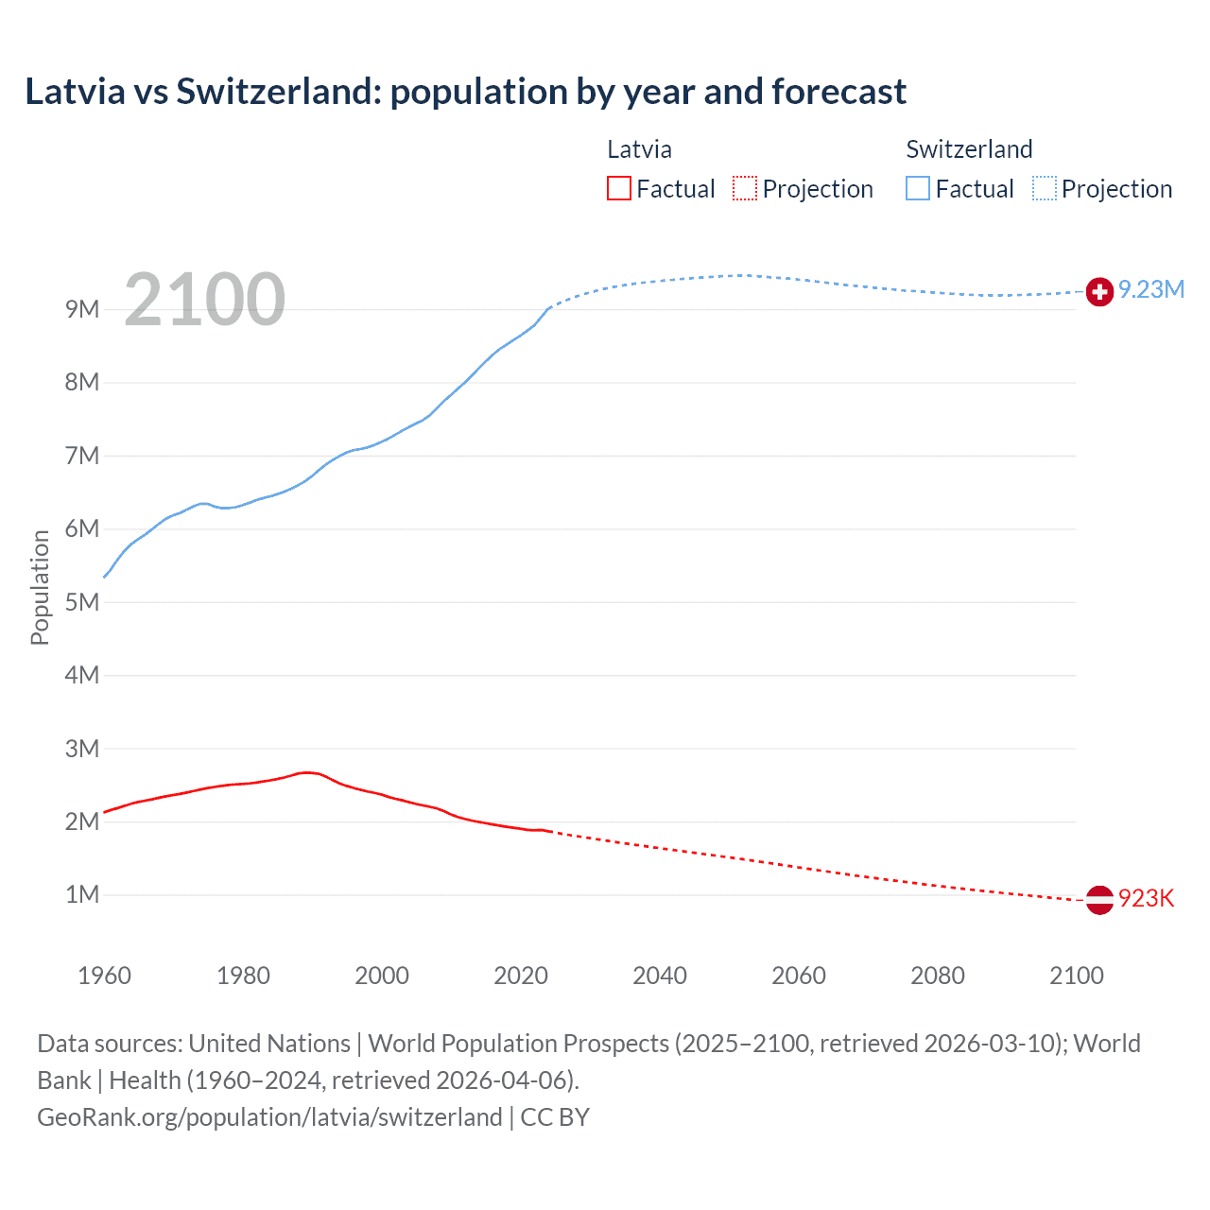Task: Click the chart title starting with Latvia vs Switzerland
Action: pyautogui.click(x=465, y=92)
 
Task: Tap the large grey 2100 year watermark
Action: pyautogui.click(x=204, y=300)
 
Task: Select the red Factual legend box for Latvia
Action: pyautogui.click(x=619, y=188)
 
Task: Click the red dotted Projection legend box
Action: pyautogui.click(x=745, y=188)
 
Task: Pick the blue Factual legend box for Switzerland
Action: pyautogui.click(x=918, y=188)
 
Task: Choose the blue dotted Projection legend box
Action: pyautogui.click(x=1045, y=188)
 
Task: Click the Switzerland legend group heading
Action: pyautogui.click(x=969, y=149)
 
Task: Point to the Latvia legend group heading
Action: pyautogui.click(x=639, y=149)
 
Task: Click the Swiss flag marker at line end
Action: pyautogui.click(x=1099, y=292)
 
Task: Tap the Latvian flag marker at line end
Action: pyautogui.click(x=1099, y=899)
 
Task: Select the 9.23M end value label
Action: pyautogui.click(x=1151, y=289)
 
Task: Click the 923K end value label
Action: pyautogui.click(x=1146, y=898)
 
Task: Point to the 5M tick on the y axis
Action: pyautogui.click(x=82, y=602)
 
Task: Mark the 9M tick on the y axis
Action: pyautogui.click(x=82, y=309)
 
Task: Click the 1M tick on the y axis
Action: pyautogui.click(x=82, y=894)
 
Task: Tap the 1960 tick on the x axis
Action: pyautogui.click(x=104, y=976)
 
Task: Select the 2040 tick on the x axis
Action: pyautogui.click(x=660, y=976)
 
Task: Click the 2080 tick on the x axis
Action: pyautogui.click(x=938, y=976)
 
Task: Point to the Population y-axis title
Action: pyautogui.click(x=40, y=587)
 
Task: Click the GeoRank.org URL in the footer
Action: pyautogui.click(x=269, y=1116)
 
